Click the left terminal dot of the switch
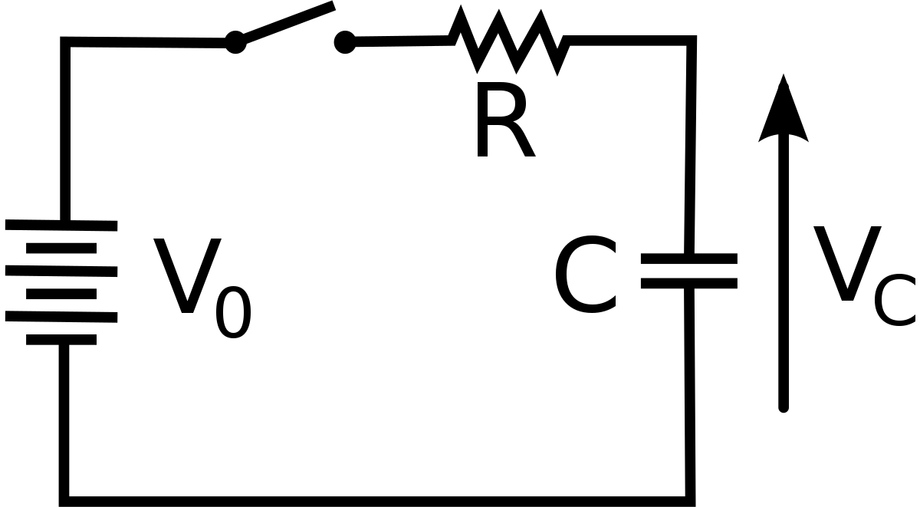[235, 42]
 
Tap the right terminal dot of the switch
[345, 42]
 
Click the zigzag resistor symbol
[510, 41]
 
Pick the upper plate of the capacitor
[689, 259]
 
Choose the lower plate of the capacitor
[689, 283]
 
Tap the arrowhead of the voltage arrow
[784, 111]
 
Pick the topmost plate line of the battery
[61, 225]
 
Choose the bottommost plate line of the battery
[61, 339]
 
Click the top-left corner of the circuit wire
[65, 41]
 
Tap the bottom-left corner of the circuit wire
[65, 501]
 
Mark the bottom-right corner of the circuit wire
[690, 501]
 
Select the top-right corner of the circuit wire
[692, 41]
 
